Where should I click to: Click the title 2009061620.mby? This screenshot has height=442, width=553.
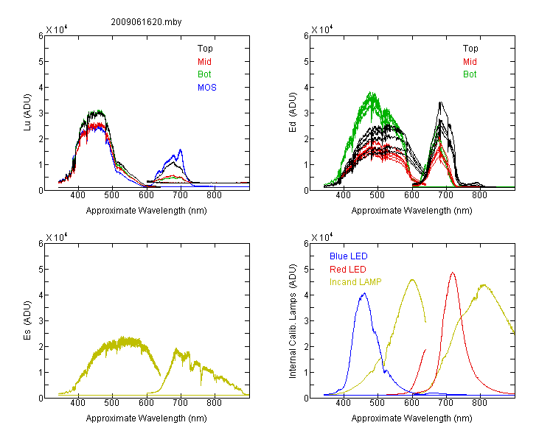click(146, 22)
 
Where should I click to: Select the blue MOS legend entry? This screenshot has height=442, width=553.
click(207, 88)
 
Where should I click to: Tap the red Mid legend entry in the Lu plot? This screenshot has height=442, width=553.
click(204, 62)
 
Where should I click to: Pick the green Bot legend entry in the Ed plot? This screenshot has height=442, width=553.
click(470, 74)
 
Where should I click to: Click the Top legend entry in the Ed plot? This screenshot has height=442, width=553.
click(470, 49)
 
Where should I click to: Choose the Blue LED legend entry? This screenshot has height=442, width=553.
click(349, 256)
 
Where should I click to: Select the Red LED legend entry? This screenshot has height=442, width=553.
click(348, 270)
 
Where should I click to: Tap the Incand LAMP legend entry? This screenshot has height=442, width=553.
click(355, 282)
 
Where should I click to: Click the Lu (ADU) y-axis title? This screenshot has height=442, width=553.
click(27, 112)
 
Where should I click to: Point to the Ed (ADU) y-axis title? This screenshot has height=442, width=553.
click(293, 112)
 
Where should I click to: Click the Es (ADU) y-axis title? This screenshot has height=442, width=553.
click(27, 320)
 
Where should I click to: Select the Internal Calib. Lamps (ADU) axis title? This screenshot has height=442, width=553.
click(293, 321)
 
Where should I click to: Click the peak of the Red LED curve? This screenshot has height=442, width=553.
click(453, 273)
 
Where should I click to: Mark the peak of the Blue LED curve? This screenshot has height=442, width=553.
click(364, 293)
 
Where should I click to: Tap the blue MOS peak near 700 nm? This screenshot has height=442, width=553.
click(181, 150)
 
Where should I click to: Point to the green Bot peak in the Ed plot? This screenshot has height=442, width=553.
click(371, 92)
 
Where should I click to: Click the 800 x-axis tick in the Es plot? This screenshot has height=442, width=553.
click(214, 402)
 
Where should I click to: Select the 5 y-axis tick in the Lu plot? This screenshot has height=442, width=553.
click(41, 62)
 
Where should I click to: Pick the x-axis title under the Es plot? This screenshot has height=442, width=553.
click(147, 418)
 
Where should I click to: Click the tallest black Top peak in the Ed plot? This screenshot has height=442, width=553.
click(440, 102)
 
